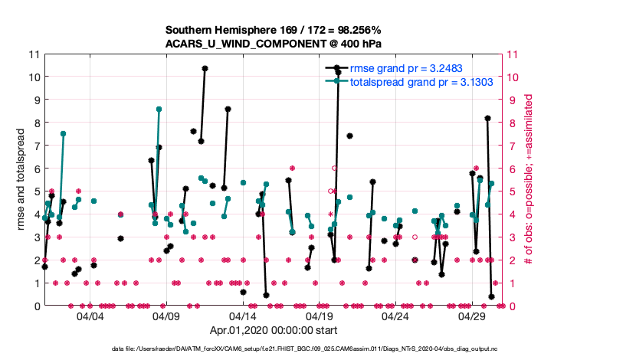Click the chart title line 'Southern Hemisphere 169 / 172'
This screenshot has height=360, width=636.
pyautogui.click(x=272, y=30)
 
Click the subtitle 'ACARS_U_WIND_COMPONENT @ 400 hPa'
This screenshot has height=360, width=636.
pyautogui.click(x=272, y=43)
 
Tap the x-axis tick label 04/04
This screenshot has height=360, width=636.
pyautogui.click(x=90, y=316)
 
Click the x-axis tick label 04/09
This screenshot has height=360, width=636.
pyautogui.click(x=166, y=316)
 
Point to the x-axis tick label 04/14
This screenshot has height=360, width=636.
pyautogui.click(x=243, y=316)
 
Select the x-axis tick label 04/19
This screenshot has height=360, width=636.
pyautogui.click(x=319, y=316)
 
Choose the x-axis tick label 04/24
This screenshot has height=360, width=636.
pyautogui.click(x=395, y=316)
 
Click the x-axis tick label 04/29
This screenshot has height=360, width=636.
pyautogui.click(x=472, y=316)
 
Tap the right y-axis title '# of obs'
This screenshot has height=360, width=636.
pyautogui.click(x=528, y=180)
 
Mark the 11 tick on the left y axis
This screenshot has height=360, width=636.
pyautogui.click(x=34, y=54)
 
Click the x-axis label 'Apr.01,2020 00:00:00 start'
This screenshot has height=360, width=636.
pyautogui.click(x=272, y=332)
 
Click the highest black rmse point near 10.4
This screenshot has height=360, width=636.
pyautogui.click(x=205, y=68)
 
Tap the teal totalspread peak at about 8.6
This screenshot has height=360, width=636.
pyautogui.click(x=159, y=110)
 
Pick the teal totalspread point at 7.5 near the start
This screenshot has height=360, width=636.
pyautogui.click(x=63, y=133)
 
